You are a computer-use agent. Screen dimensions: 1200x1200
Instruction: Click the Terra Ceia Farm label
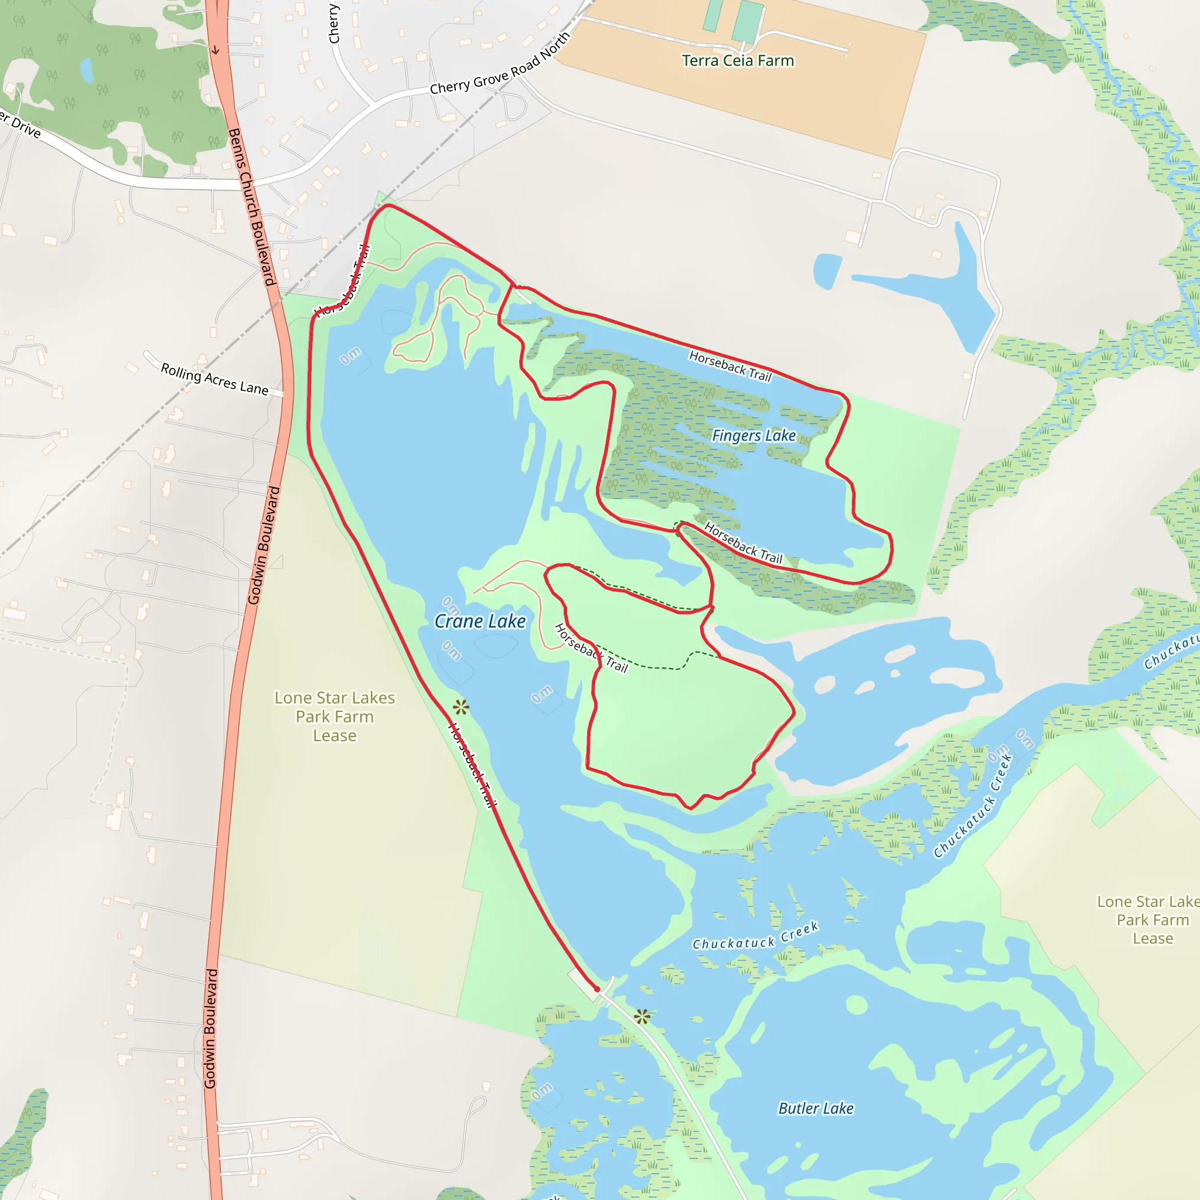[x=737, y=61]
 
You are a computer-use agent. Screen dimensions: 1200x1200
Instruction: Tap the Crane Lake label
[x=479, y=621]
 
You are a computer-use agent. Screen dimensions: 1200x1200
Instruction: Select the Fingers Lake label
[x=754, y=435]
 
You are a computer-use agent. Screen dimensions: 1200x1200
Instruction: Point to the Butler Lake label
[x=816, y=1109]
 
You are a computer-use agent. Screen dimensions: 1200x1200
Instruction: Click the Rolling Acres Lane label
[x=214, y=379]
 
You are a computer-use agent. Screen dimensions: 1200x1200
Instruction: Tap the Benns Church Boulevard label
[x=251, y=207]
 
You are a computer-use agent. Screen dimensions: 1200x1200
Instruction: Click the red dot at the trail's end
[x=598, y=989]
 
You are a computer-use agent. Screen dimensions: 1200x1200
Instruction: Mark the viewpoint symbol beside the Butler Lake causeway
[x=642, y=1017]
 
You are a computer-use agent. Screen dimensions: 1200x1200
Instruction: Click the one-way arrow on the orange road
[x=215, y=50]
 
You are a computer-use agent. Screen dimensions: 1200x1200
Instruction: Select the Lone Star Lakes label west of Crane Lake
[x=334, y=716]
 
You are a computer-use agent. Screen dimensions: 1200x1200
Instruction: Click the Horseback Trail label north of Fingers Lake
[x=730, y=366]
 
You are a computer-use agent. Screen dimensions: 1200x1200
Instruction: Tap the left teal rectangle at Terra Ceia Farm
[x=713, y=16]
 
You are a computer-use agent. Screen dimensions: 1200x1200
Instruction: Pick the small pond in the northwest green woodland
[x=87, y=70]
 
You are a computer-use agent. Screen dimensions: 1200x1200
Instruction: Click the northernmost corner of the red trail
[x=387, y=205]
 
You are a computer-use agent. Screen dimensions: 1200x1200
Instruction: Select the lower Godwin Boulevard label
[x=211, y=1028]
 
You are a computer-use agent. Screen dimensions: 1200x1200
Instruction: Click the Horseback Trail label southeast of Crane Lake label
[x=591, y=648]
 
